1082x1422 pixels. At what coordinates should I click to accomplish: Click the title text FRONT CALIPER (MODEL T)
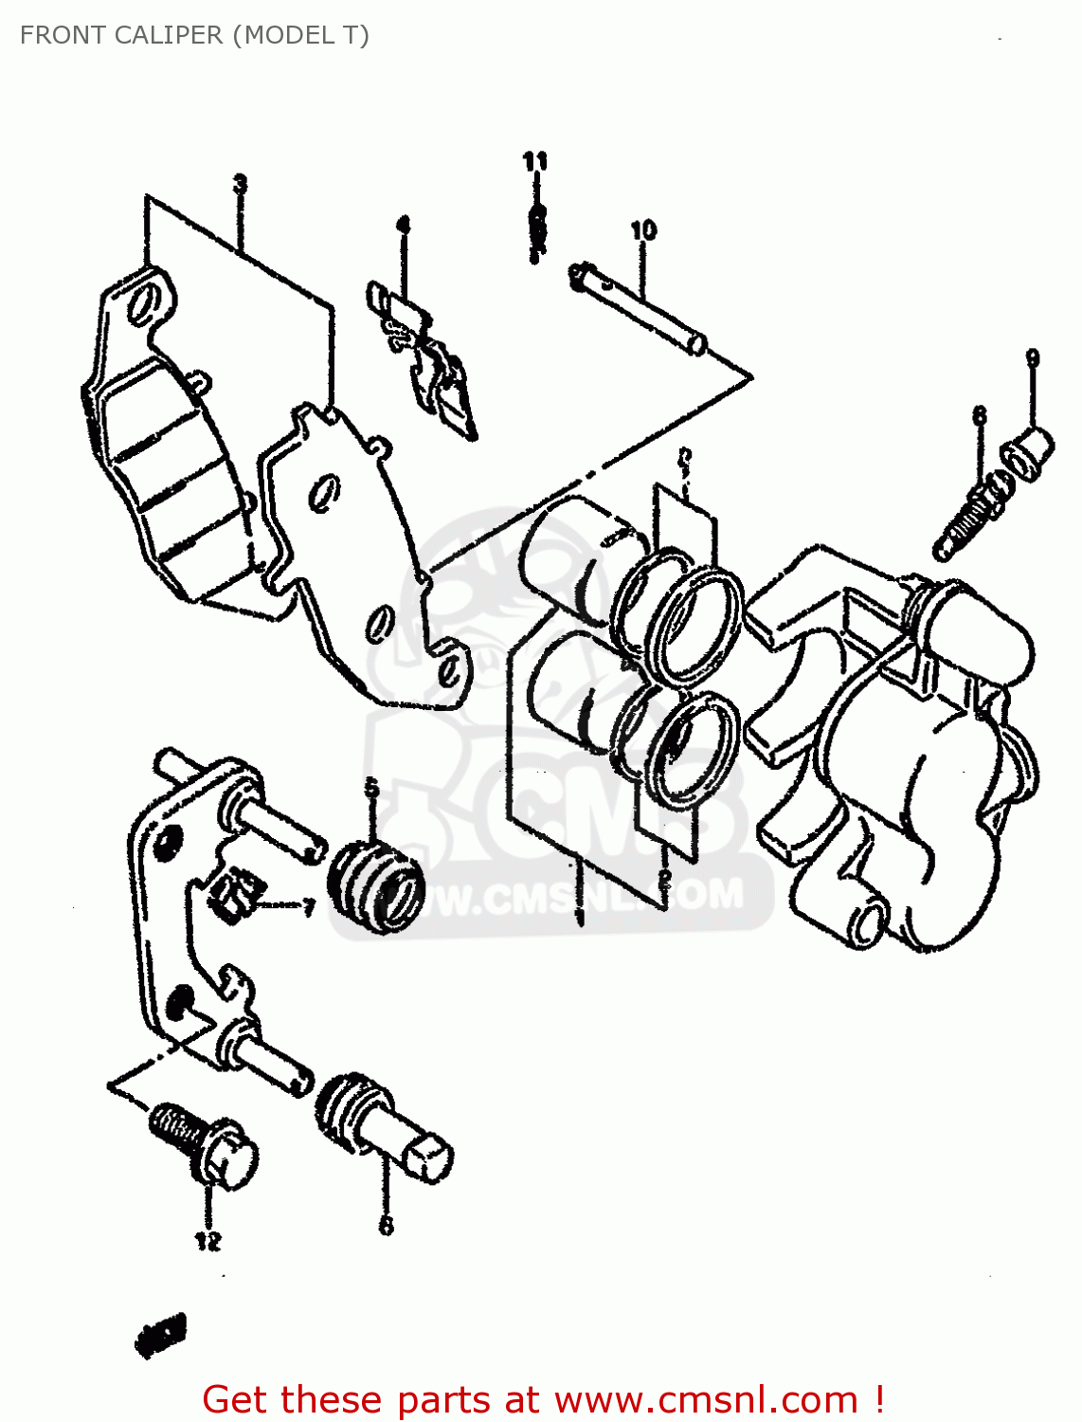click(x=194, y=35)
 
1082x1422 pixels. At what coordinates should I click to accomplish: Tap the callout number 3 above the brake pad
click(x=241, y=184)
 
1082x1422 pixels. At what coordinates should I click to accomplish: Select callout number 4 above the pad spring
click(x=403, y=225)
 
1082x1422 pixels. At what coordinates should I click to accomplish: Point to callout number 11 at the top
click(x=535, y=161)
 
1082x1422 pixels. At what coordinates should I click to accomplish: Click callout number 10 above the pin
click(x=642, y=229)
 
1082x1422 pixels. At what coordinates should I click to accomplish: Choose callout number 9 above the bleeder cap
click(x=1032, y=358)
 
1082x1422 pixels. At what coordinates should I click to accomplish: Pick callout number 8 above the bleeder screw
click(x=979, y=415)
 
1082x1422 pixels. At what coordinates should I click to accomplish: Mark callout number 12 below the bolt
click(x=208, y=1240)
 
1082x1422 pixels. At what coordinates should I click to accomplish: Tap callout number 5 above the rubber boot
click(x=371, y=787)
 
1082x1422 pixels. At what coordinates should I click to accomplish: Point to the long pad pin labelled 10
click(x=640, y=308)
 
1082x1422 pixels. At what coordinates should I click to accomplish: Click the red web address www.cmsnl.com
click(x=706, y=1399)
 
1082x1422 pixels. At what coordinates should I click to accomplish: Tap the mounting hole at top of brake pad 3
click(x=142, y=305)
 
